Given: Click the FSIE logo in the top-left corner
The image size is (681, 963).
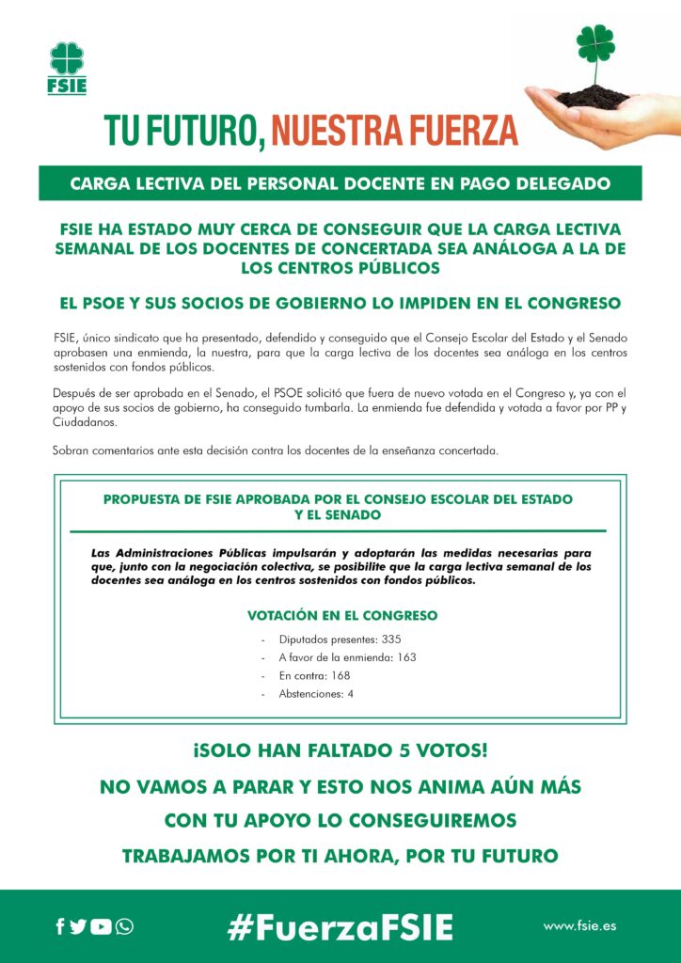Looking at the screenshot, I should coord(67,68).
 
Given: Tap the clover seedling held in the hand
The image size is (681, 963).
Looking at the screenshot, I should coord(595,52).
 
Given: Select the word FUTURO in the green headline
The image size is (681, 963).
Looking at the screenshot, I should coord(198,128).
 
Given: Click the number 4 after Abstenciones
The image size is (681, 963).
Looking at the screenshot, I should coord(350,694).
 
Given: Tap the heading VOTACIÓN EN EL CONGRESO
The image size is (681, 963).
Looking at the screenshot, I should coord(341,616).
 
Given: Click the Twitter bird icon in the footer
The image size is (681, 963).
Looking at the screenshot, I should coord(79,926).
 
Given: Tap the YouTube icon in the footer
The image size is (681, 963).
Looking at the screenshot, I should coord(101,926).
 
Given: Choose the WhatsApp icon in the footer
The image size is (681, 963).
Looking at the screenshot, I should coord(124,926).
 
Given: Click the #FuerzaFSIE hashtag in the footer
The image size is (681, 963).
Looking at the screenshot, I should coord(340,926).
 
